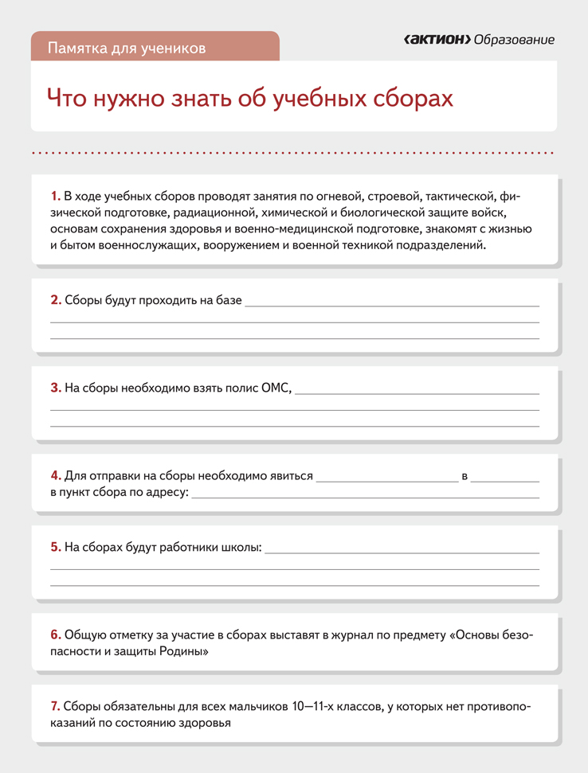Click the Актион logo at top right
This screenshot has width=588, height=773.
tap(437, 40)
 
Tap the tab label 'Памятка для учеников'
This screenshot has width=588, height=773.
tap(127, 48)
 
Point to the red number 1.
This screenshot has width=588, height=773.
tap(55, 196)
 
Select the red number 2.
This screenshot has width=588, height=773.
tap(55, 300)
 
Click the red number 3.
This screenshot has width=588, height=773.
tap(55, 388)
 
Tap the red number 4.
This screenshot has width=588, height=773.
tap(55, 475)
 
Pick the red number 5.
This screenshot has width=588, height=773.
tap(55, 547)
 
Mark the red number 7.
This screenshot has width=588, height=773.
tap(55, 706)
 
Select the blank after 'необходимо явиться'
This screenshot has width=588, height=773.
tap(386, 479)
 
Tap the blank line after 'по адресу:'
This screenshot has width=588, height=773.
tap(365, 496)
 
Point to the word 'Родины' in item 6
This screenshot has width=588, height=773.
tap(186, 651)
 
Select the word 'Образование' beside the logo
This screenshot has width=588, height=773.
tap(514, 40)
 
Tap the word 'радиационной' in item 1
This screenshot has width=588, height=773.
tap(225, 213)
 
